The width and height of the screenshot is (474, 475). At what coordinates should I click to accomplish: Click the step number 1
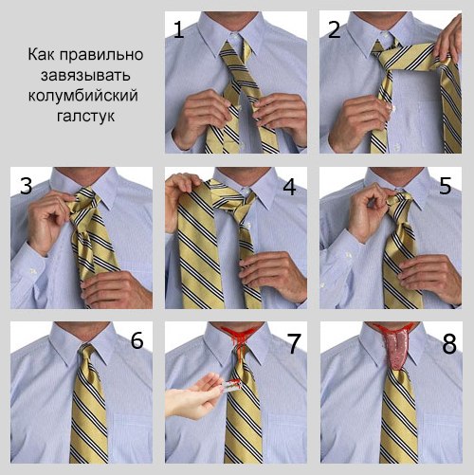tap(179, 29)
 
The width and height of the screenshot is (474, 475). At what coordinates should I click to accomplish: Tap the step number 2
tap(335, 29)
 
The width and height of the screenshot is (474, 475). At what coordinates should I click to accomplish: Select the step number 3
tap(27, 186)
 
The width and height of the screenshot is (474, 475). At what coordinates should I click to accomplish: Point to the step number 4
tap(289, 186)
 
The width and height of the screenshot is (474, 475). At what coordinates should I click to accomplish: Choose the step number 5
tap(446, 186)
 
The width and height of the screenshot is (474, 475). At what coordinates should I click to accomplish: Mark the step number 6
tap(137, 340)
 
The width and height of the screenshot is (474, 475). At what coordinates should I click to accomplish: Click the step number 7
tap(294, 343)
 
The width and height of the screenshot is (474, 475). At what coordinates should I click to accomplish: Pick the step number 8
tap(449, 344)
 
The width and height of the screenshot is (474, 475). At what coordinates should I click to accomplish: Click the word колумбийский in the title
tap(83, 96)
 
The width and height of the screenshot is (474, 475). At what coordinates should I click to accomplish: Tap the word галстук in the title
tap(85, 116)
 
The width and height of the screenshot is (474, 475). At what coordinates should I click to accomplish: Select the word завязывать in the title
tap(85, 75)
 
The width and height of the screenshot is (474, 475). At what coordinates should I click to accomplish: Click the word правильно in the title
tap(101, 55)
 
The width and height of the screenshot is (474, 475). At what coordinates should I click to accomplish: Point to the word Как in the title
tap(42, 54)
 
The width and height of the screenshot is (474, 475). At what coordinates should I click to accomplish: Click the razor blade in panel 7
tap(231, 385)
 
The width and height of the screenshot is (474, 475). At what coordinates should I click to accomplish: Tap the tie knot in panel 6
tap(86, 356)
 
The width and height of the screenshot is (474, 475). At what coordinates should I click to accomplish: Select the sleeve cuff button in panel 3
tap(32, 271)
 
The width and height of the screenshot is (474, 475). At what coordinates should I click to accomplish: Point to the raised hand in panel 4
tap(182, 196)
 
